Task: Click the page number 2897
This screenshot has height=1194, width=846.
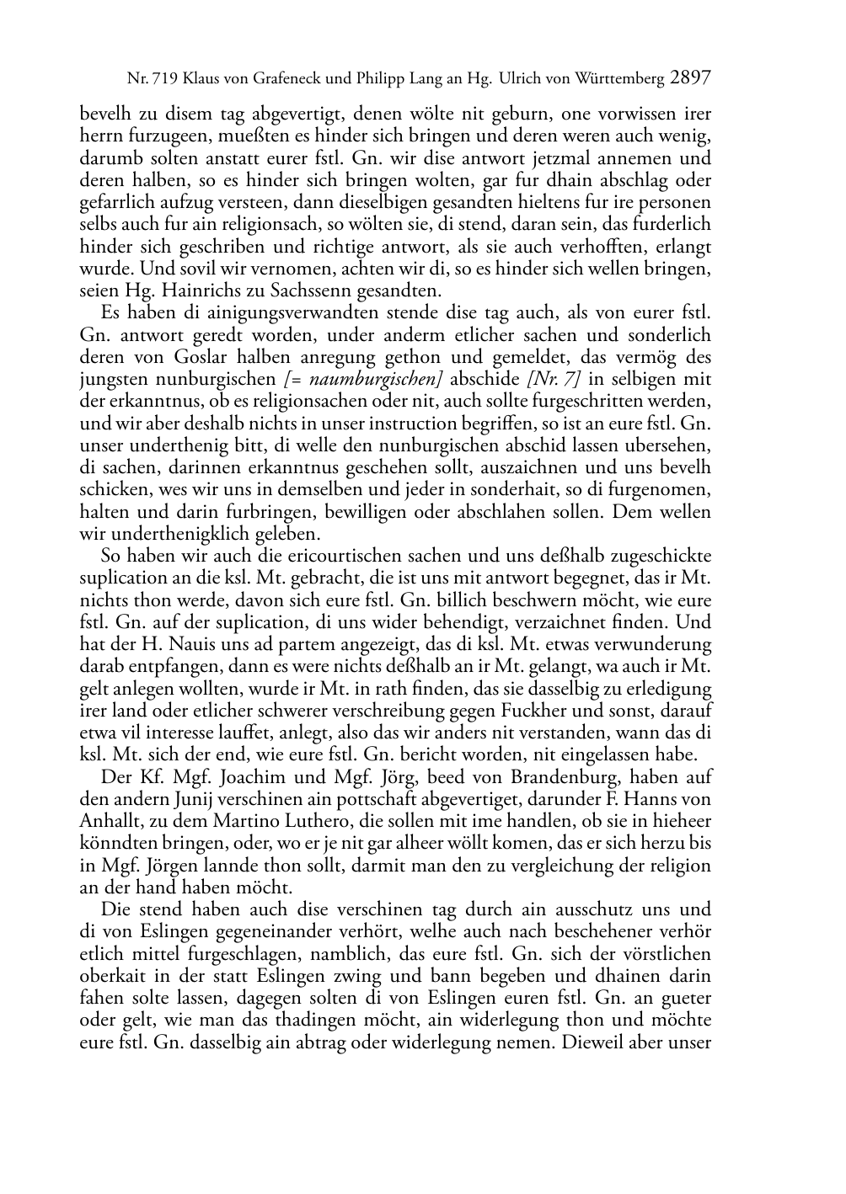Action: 692,78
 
